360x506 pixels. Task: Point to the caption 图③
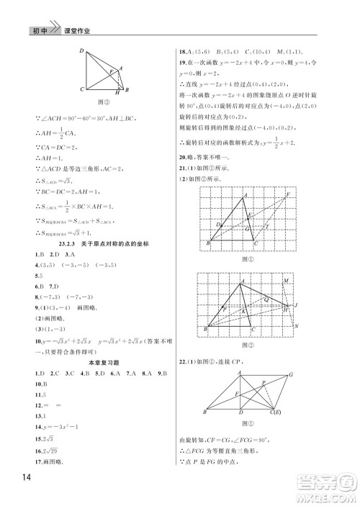click(102, 103)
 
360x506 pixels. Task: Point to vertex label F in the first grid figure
click(289, 195)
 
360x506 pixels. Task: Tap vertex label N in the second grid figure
click(297, 326)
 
